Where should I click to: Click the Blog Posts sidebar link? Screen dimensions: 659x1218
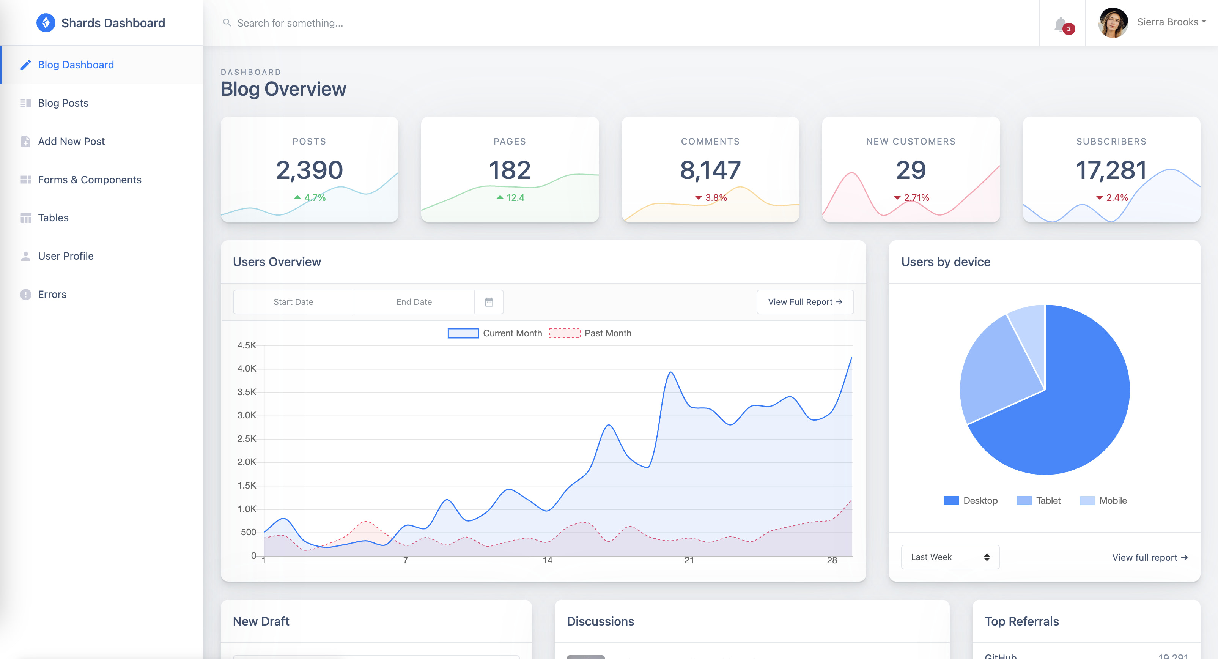point(63,103)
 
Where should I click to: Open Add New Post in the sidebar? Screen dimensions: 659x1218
point(71,142)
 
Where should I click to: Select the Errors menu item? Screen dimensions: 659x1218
point(52,294)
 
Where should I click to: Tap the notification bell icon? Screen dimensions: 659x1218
point(1061,24)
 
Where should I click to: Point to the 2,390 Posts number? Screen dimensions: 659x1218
point(309,170)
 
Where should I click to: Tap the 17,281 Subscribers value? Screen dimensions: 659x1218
point(1111,170)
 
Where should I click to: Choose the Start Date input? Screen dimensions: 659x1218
point(293,302)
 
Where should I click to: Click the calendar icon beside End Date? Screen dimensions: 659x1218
point(489,302)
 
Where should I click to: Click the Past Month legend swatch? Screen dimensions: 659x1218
point(565,333)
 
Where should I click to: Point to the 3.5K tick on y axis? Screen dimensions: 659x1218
point(247,392)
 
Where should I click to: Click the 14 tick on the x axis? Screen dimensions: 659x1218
point(548,560)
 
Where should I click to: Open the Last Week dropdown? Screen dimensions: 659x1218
point(949,557)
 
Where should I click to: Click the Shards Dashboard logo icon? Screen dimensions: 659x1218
point(46,23)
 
